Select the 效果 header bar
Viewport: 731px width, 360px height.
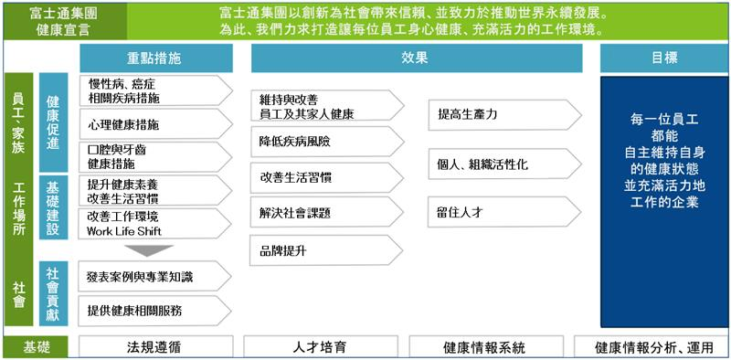416,57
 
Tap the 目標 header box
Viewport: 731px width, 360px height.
664,57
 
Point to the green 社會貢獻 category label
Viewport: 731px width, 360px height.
53,292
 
